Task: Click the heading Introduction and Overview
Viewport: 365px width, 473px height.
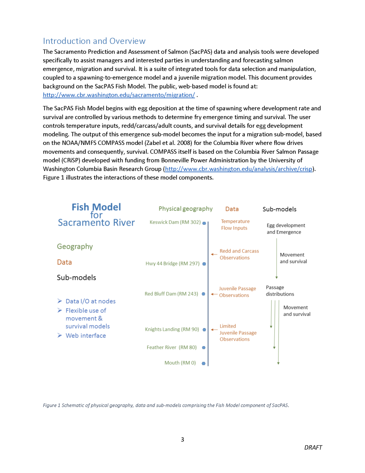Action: (94, 41)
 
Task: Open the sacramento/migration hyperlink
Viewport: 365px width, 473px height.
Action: (119, 95)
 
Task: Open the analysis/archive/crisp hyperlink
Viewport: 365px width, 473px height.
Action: (238, 169)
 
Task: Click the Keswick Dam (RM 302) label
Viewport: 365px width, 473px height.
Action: (175, 222)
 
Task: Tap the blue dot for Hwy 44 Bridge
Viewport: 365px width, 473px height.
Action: (204, 264)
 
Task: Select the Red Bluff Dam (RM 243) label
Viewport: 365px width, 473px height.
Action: (171, 294)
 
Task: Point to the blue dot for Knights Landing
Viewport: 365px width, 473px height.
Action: (204, 330)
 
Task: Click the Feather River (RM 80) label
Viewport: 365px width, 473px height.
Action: (172, 348)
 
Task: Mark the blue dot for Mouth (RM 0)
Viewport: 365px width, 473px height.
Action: (203, 363)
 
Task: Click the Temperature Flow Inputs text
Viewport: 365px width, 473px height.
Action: (235, 225)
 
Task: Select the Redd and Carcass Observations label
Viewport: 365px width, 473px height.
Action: (239, 254)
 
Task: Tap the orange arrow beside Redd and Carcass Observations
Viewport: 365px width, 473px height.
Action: (214, 254)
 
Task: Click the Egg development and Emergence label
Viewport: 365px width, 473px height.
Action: (286, 229)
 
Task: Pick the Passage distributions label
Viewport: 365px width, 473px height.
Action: (280, 291)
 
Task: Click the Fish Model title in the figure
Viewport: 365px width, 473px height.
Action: (96, 207)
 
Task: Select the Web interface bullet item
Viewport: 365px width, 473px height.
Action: (86, 336)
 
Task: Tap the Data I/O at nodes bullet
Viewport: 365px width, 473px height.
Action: (90, 301)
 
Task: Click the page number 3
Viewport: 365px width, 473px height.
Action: (182, 439)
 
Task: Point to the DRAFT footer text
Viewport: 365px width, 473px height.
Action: (313, 447)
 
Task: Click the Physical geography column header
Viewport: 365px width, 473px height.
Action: (186, 209)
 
